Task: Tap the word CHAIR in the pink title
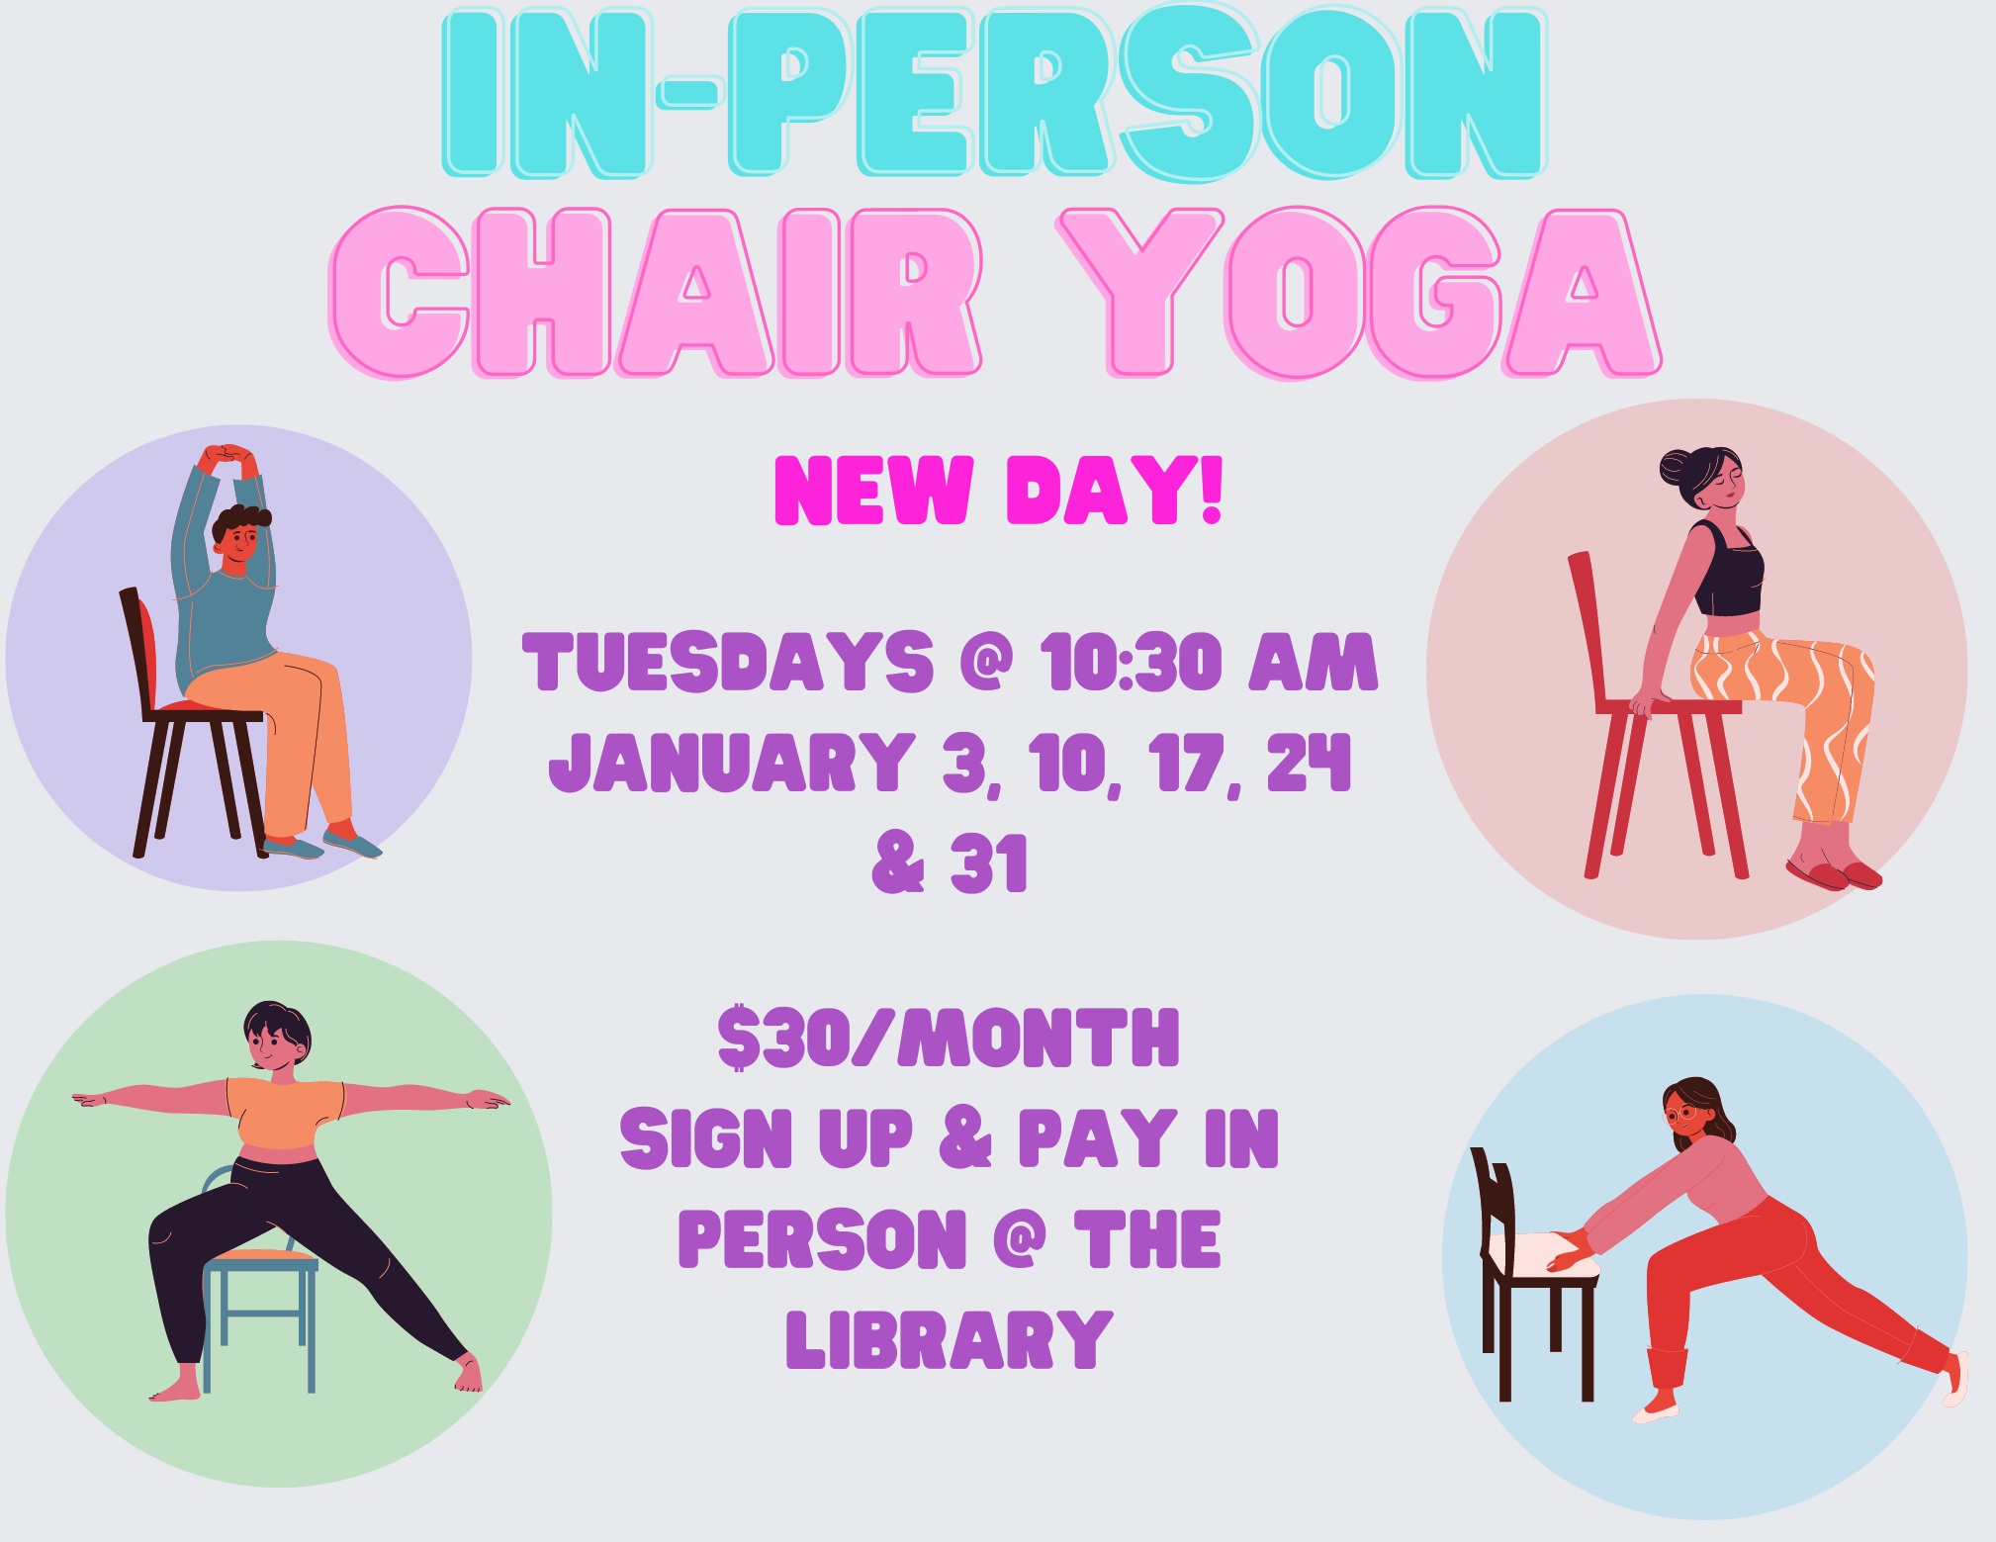click(x=656, y=293)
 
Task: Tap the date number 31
click(x=989, y=862)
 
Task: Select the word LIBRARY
click(x=950, y=1339)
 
